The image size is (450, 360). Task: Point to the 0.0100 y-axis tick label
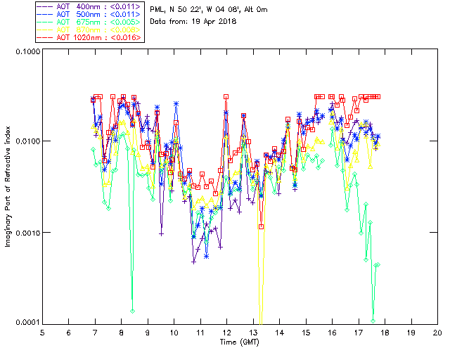pos(25,141)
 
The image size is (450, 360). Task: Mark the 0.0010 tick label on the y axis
pos(25,232)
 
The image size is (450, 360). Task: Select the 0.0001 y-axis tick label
pos(25,322)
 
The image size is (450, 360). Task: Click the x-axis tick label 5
pos(42,332)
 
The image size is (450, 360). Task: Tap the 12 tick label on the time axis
pos(226,332)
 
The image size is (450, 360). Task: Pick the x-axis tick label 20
pos(437,332)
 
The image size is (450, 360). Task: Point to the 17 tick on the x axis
pos(358,332)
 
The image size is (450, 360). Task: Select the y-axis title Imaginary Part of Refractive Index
pos(9,188)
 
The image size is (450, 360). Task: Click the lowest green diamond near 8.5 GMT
pos(132,310)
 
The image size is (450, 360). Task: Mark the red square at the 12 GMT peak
pos(226,97)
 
